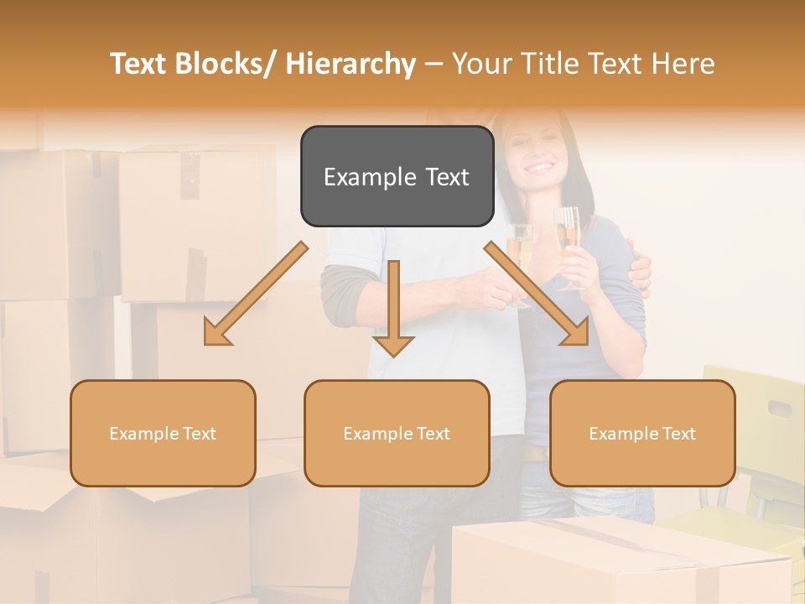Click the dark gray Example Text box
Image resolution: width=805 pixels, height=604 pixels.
tap(397, 176)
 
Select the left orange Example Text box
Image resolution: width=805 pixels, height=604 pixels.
tap(163, 433)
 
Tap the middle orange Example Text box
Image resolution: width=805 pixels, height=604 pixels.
tap(397, 433)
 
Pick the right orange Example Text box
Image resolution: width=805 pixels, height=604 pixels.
tap(642, 433)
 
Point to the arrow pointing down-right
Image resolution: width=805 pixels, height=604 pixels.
tap(538, 294)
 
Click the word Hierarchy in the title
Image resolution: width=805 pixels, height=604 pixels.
tap(350, 64)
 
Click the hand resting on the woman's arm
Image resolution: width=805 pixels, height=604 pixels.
tap(640, 273)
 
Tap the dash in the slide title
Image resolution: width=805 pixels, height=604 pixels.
tap(434, 64)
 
